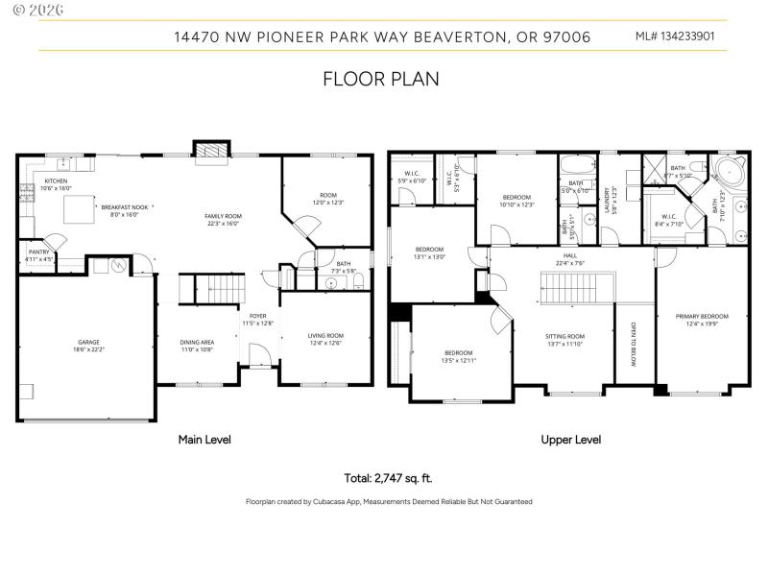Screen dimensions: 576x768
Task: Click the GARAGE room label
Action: pos(88,342)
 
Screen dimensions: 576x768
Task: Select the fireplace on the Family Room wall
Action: pos(211,151)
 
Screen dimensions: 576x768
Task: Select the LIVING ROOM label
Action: pos(325,336)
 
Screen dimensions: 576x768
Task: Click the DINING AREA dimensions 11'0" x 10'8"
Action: pos(197,349)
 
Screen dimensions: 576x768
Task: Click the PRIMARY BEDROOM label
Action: pos(702,317)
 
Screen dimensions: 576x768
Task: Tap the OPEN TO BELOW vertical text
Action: pos(633,343)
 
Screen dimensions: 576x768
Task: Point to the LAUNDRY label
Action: pos(607,198)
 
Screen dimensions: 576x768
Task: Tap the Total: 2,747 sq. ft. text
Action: pos(389,477)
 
